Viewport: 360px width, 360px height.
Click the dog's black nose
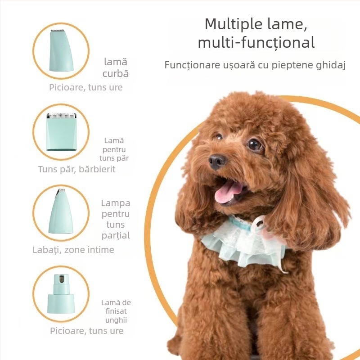(x=217, y=161)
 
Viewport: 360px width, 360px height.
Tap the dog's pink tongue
(x=228, y=192)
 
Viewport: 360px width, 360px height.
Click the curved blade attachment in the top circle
(x=61, y=50)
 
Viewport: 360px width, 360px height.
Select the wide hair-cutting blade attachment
(x=61, y=132)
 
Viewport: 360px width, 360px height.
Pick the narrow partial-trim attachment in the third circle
(x=60, y=211)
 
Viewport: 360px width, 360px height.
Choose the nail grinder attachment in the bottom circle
(x=61, y=294)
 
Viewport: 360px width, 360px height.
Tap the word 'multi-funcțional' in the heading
(x=256, y=42)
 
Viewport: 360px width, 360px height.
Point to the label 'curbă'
(x=116, y=74)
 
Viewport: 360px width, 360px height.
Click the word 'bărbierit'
(x=97, y=170)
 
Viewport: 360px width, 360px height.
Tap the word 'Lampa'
(x=116, y=203)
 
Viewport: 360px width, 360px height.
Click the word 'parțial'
(x=116, y=235)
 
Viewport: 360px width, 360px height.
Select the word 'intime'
(x=101, y=250)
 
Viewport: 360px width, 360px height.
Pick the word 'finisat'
(x=116, y=311)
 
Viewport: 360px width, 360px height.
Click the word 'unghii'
(x=116, y=320)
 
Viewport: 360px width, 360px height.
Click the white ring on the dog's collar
(x=259, y=223)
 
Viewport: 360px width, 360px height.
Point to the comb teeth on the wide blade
(x=61, y=116)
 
